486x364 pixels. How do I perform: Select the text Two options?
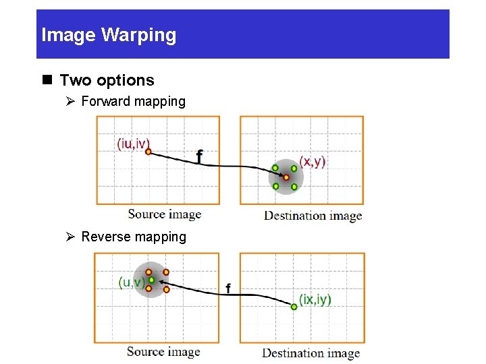coord(107,80)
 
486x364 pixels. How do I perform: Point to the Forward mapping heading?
coord(133,102)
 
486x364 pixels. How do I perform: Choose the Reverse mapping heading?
coord(133,237)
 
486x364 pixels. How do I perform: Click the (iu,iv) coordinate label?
coord(133,144)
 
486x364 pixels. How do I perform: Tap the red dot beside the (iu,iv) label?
coord(148,152)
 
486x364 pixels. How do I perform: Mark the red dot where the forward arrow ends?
coord(286,177)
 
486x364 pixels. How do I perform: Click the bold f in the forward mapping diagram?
coord(199,156)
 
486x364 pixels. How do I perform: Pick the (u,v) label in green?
coord(131,282)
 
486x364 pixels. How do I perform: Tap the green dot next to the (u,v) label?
coord(152,280)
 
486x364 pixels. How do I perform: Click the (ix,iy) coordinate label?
coord(315,299)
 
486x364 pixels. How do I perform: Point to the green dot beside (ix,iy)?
coord(294,307)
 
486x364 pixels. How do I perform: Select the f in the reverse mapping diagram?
coord(227,289)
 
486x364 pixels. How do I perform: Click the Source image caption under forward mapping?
coord(165,214)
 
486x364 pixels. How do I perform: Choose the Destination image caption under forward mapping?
coord(313,216)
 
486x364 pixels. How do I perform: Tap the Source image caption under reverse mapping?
coord(163,351)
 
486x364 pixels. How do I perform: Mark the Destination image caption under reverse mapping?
coord(310,353)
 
